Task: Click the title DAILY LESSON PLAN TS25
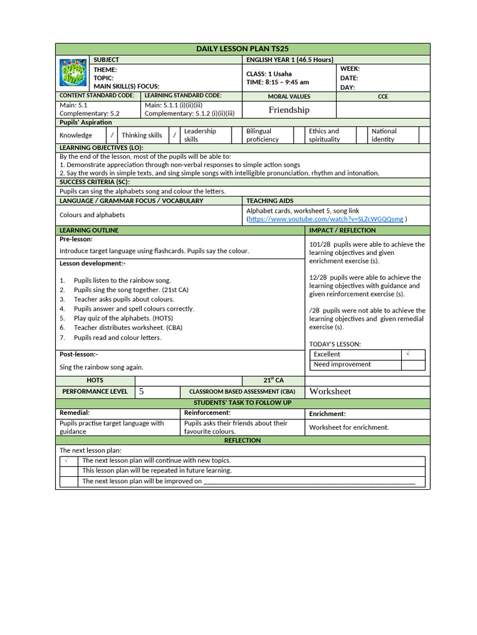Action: click(242, 49)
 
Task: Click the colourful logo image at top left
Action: click(73, 73)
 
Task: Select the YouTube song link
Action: click(326, 219)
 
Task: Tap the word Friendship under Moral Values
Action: click(289, 110)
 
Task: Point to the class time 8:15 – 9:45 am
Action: click(278, 82)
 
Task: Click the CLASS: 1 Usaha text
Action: click(269, 74)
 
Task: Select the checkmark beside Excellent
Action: click(408, 353)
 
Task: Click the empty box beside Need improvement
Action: click(413, 365)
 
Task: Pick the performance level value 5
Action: click(142, 391)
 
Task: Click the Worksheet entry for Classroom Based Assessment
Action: click(330, 391)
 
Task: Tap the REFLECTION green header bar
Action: click(242, 440)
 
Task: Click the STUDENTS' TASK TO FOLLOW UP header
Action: click(242, 403)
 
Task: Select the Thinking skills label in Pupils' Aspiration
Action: click(142, 135)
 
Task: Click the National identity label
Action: click(384, 135)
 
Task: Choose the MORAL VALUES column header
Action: click(289, 97)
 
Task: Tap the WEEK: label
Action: click(350, 68)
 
